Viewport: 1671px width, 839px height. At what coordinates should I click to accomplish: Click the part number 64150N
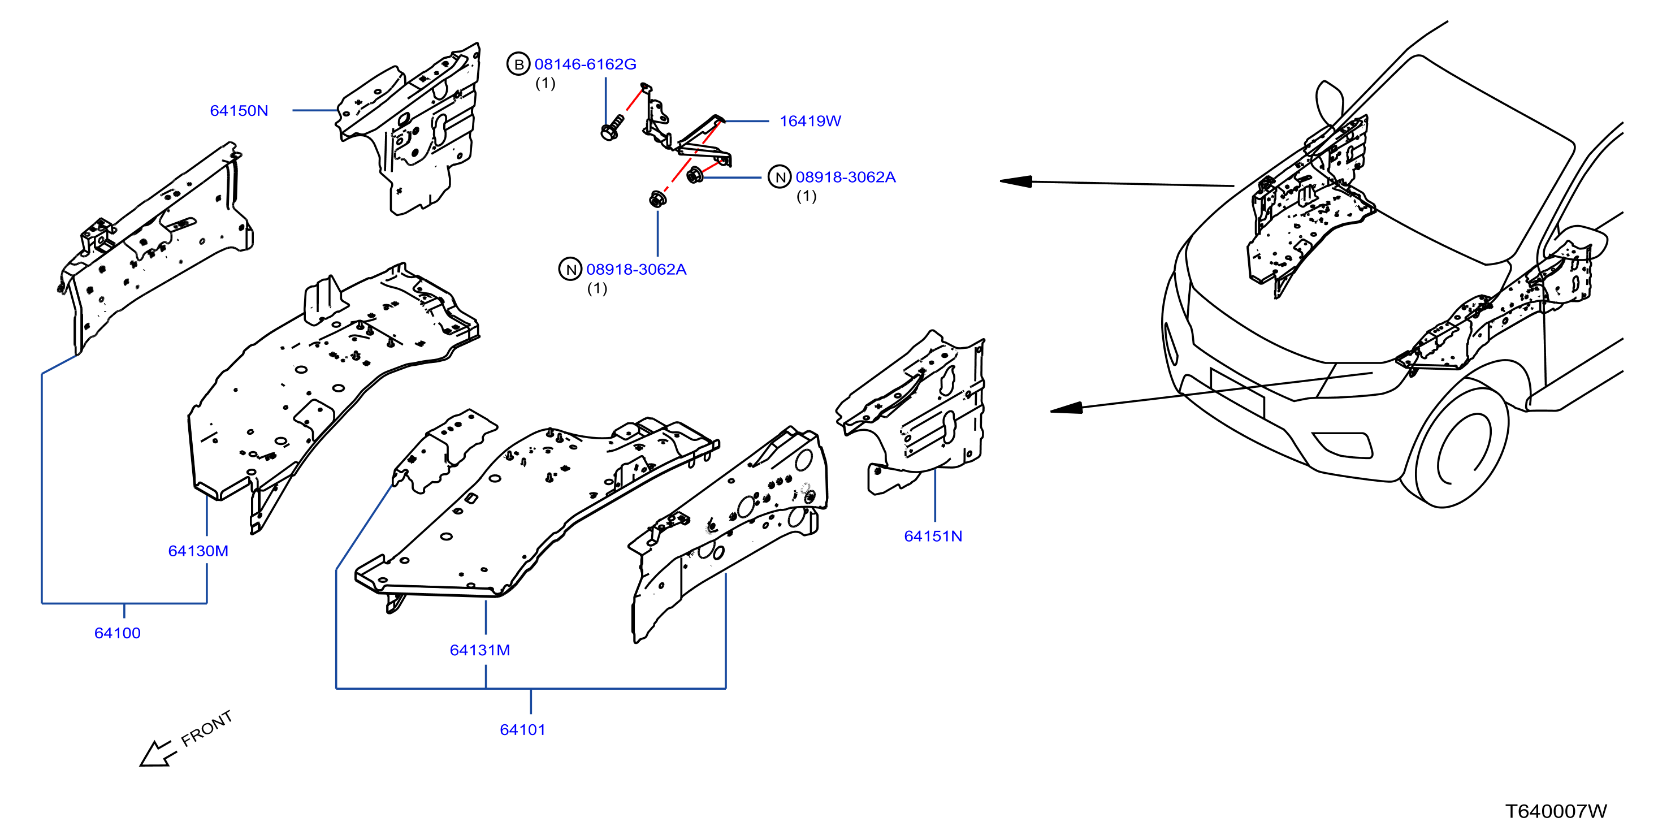point(239,110)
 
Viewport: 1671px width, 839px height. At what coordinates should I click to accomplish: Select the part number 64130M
point(198,551)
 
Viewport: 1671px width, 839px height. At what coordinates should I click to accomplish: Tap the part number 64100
point(118,633)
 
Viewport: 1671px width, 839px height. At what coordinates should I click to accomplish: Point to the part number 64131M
point(480,650)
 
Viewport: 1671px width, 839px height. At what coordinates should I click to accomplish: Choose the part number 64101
point(522,729)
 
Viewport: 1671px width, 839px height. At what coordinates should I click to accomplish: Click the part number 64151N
point(933,536)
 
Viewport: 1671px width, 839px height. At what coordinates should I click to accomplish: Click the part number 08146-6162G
point(585,64)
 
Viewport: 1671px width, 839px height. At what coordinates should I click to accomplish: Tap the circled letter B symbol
point(518,64)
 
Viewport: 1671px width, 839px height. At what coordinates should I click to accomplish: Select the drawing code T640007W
point(1556,811)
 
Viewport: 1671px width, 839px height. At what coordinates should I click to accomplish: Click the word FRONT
point(206,728)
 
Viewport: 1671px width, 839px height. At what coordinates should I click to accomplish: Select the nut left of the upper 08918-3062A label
point(695,175)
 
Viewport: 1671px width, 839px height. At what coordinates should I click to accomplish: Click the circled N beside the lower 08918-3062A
point(570,269)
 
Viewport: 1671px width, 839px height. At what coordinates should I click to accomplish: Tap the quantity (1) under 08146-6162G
point(546,83)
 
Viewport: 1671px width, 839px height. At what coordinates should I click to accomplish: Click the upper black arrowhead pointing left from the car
point(1016,181)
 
